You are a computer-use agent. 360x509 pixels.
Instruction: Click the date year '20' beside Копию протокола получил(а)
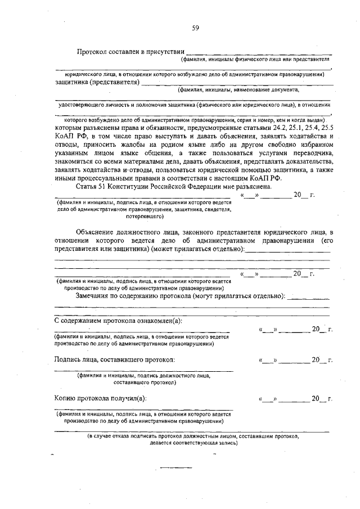pos(316,399)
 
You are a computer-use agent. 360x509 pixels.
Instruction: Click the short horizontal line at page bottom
pos(177,467)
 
